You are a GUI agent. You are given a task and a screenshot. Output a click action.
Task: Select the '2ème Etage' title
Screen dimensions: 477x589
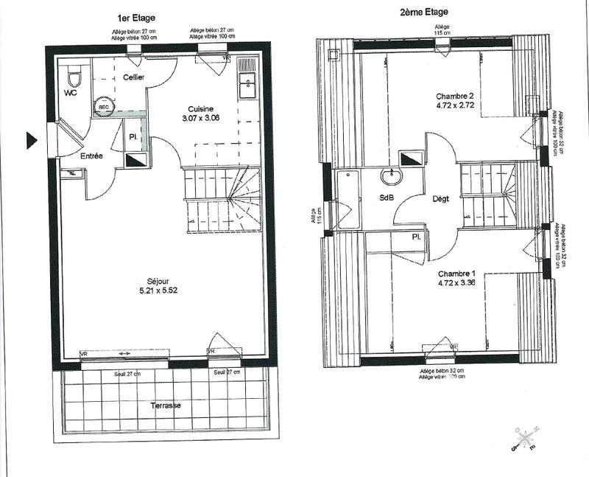[x=425, y=13]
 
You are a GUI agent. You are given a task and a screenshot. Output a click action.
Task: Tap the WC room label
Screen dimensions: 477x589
[x=71, y=94]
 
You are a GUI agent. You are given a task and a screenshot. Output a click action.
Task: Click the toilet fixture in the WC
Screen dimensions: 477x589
[x=74, y=77]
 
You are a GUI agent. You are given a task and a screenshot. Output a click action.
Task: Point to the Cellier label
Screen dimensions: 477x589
[x=133, y=77]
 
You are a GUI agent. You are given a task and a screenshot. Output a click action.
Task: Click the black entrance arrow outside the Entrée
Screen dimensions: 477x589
[x=32, y=139]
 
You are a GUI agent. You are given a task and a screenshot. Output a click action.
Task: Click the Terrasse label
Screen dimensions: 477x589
[x=166, y=405]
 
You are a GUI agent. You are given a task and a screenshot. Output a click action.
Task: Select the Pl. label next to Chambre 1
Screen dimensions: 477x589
[x=416, y=237]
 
